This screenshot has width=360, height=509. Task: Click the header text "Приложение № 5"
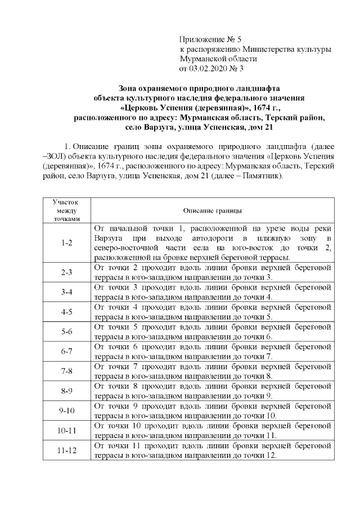(210, 39)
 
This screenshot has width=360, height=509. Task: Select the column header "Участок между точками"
(67, 210)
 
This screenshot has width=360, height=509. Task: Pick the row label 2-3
(67, 272)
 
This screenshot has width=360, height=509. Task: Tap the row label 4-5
(67, 312)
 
